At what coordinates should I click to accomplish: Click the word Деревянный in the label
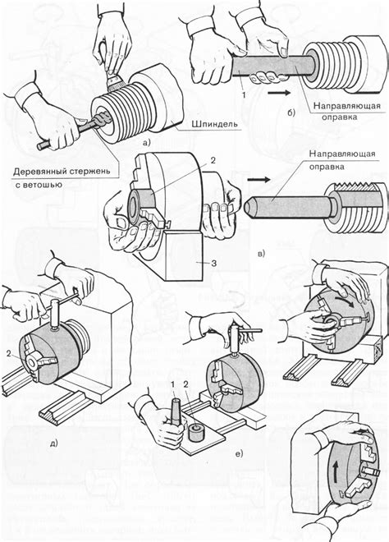(x=37, y=171)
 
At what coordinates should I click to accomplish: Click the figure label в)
(x=262, y=254)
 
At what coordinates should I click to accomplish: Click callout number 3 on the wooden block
(x=214, y=263)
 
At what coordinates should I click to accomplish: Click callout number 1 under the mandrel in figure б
(x=244, y=94)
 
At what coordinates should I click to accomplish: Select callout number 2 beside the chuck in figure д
(x=9, y=353)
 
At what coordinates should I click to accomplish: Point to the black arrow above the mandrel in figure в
(x=259, y=180)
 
